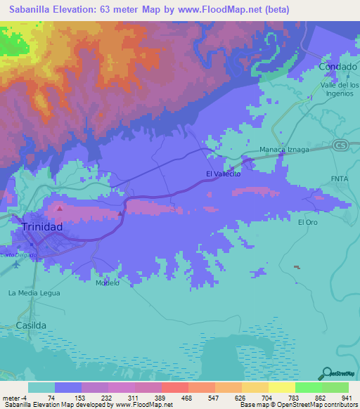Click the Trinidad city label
pyautogui.click(x=42, y=227)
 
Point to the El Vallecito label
pyautogui.click(x=223, y=174)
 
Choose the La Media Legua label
pyautogui.click(x=34, y=292)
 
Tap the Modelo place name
pyautogui.click(x=108, y=283)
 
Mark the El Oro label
pyautogui.click(x=308, y=222)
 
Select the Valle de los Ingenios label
pyautogui.click(x=340, y=89)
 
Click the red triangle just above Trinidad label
pyautogui.click(x=60, y=208)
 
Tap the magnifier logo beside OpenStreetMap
pyautogui.click(x=326, y=373)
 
